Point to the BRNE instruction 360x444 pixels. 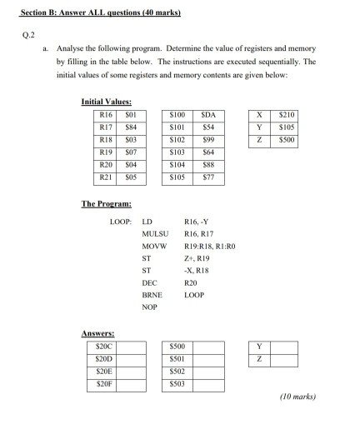pyautogui.click(x=152, y=295)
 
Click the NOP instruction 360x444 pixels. pyautogui.click(x=150, y=307)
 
